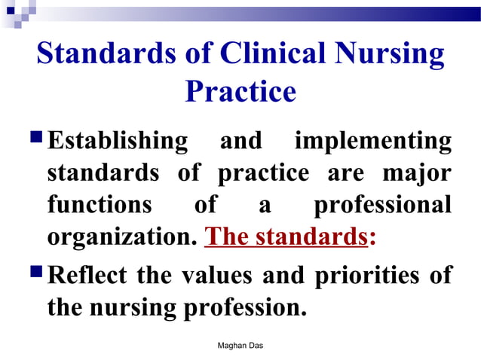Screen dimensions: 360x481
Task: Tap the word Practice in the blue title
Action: [240, 92]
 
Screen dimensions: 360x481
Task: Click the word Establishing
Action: [118, 141]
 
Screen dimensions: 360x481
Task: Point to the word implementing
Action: [373, 141]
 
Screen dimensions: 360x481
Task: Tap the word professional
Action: [382, 205]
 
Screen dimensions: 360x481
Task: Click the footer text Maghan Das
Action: [240, 345]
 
